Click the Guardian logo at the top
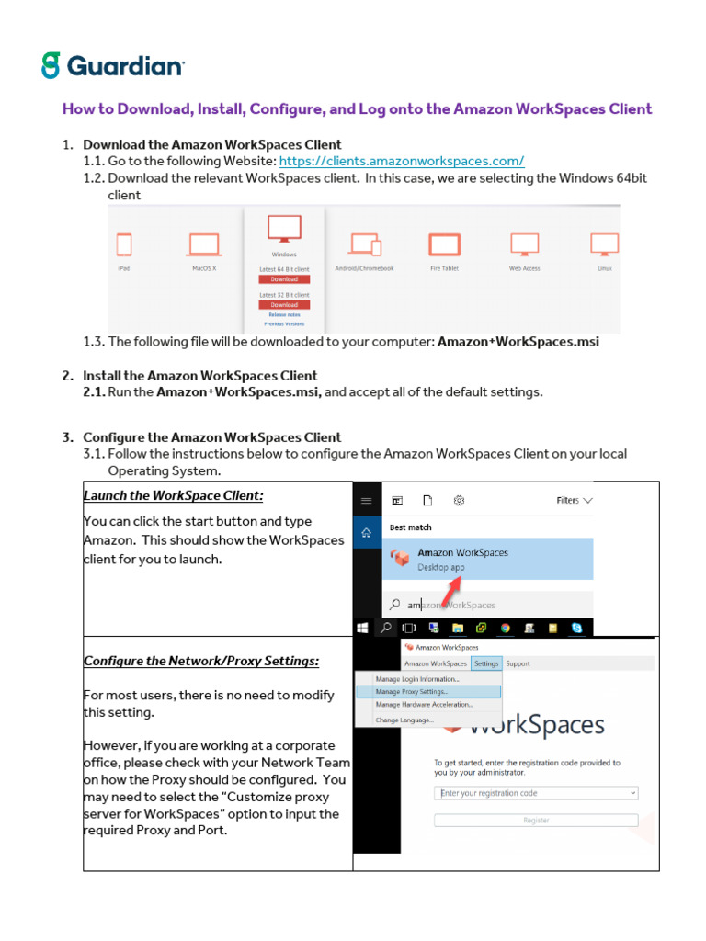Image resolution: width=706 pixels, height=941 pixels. coord(112,65)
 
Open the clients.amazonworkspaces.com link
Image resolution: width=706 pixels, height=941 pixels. coord(401,161)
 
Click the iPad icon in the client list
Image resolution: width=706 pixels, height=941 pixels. coord(124,244)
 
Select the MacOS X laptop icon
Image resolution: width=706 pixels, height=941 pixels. coord(204,244)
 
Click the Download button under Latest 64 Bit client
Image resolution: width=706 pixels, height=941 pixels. coord(284,279)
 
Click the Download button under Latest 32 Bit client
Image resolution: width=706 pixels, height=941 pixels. coord(284,305)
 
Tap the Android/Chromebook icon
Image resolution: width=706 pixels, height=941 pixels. coord(365,244)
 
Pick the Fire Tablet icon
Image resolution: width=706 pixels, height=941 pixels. coord(444,244)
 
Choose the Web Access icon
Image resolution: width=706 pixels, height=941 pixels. coord(524,244)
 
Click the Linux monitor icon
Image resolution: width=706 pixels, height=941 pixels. coord(604,244)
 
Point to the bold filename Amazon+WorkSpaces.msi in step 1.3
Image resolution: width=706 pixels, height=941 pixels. coord(518,342)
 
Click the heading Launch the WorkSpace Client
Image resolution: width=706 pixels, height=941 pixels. coord(174,496)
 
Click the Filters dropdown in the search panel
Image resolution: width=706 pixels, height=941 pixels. coord(575,501)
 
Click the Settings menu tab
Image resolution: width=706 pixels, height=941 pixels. coord(486,663)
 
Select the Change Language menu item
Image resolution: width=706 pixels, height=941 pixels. coord(404,720)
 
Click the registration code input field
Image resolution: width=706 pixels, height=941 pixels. coord(536,793)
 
